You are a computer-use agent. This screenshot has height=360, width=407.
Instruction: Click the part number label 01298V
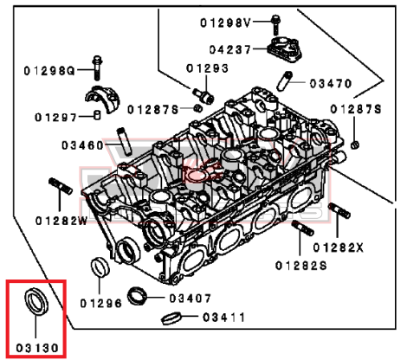(x=225, y=22)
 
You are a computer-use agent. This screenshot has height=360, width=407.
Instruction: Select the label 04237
(x=230, y=49)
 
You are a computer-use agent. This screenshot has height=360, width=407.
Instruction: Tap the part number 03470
(x=331, y=84)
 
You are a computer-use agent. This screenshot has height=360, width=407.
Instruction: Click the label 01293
(x=207, y=68)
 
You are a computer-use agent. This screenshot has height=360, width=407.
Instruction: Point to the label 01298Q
(x=49, y=71)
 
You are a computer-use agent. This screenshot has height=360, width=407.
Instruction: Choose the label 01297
(x=55, y=118)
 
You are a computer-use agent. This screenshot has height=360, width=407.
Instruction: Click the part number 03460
(x=82, y=145)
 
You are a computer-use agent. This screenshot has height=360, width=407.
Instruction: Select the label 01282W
(x=61, y=221)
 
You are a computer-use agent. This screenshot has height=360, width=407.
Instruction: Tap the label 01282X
(x=339, y=247)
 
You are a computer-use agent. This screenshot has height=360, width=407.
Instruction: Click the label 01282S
(x=301, y=266)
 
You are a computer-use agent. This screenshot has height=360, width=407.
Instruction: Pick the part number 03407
(x=191, y=299)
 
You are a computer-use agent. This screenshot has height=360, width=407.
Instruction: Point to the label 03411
(x=223, y=318)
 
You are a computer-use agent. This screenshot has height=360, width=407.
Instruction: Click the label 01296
(x=101, y=303)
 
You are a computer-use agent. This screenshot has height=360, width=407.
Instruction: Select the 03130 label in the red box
(x=37, y=348)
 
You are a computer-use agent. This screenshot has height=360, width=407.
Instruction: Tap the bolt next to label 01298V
(x=275, y=25)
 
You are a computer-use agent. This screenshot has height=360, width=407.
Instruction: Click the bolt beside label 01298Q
(x=97, y=68)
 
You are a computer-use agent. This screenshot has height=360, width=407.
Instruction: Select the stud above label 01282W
(x=61, y=186)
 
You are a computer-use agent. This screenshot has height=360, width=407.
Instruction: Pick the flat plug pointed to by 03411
(x=171, y=318)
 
